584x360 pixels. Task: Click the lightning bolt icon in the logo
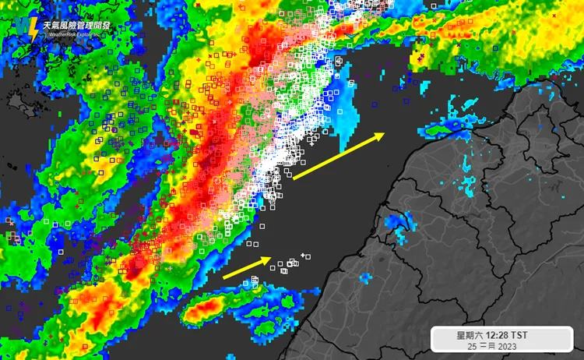tap(33, 30)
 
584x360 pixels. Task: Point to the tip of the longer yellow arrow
tap(384, 134)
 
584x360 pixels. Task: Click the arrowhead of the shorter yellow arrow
tap(269, 259)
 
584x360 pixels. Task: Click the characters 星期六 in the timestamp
tap(470, 335)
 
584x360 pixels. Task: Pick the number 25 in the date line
tap(472, 345)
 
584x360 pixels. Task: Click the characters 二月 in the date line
tap(487, 345)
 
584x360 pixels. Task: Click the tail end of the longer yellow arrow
tap(294, 179)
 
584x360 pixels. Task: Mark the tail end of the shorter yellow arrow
tap(224, 277)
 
